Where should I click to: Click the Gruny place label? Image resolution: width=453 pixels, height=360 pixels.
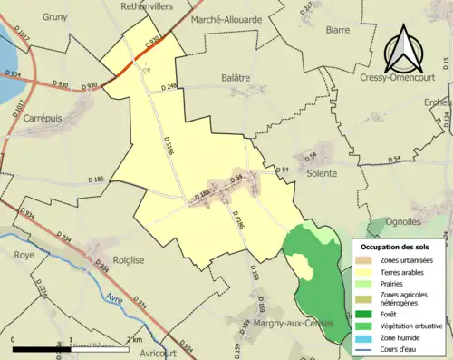[53, 16]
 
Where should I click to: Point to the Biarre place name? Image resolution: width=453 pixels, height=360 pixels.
[337, 29]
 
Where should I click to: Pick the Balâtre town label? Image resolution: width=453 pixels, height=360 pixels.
[235, 79]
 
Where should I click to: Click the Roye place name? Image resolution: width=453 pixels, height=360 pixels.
[24, 256]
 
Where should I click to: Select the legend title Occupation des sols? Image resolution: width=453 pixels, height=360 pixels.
[395, 247]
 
